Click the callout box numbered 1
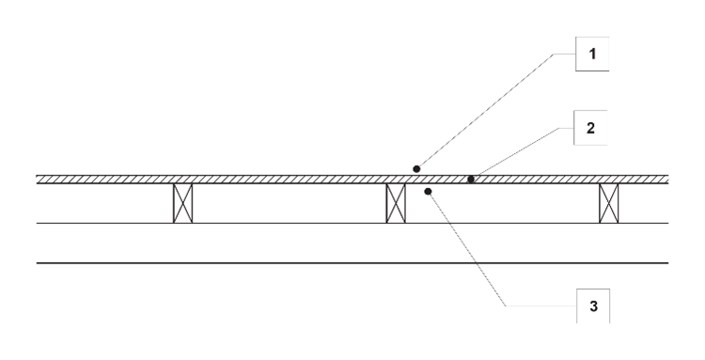(591, 55)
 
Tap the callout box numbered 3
(591, 306)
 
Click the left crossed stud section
(182, 203)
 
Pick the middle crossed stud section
(396, 203)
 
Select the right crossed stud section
(609, 203)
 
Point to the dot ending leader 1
(415, 168)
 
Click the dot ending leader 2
(471, 178)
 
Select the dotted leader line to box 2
(522, 151)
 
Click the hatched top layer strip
(282, 179)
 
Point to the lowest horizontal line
(352, 263)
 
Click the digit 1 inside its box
(591, 55)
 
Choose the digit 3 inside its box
(591, 306)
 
